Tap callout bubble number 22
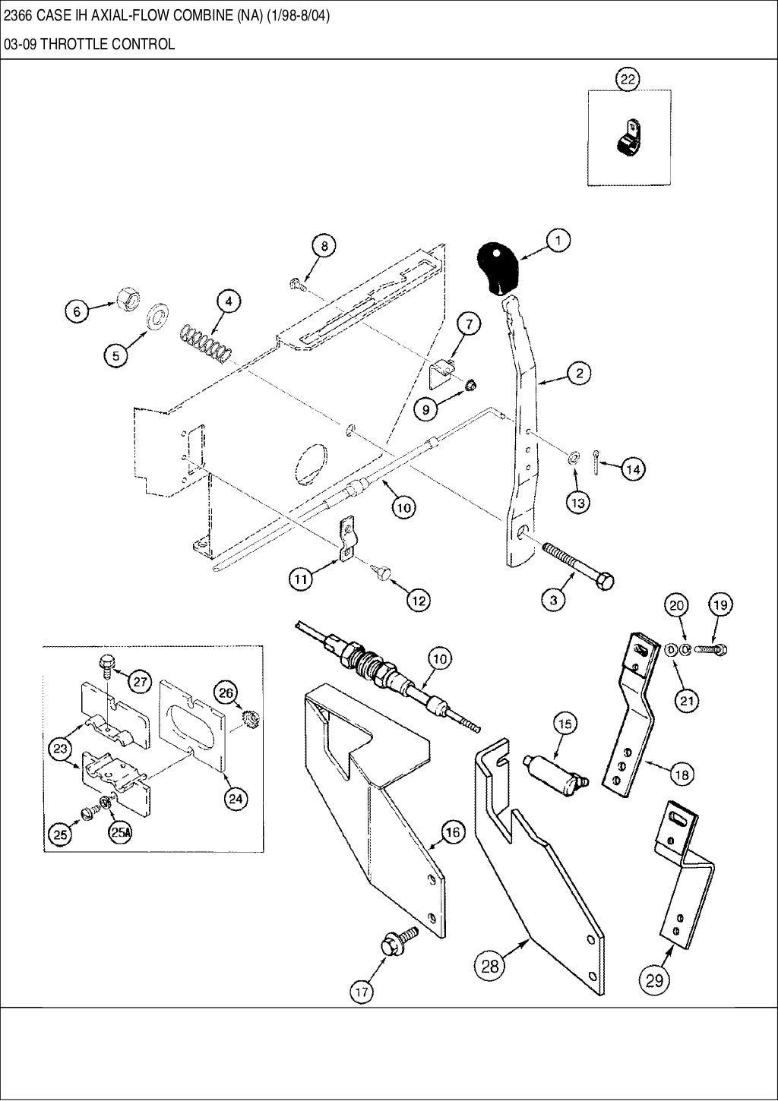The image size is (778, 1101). pos(628,78)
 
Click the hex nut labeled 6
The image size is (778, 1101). pos(125,299)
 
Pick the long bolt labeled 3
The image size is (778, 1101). pos(577,565)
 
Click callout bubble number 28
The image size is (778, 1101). pos(490,966)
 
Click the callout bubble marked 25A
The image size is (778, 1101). pos(121,832)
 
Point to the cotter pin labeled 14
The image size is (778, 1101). pos(599,463)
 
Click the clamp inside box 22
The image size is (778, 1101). pos(627,139)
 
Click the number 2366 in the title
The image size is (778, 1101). pos(18,17)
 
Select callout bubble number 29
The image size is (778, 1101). pos(654,980)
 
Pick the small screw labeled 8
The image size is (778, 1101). pos(297,285)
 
